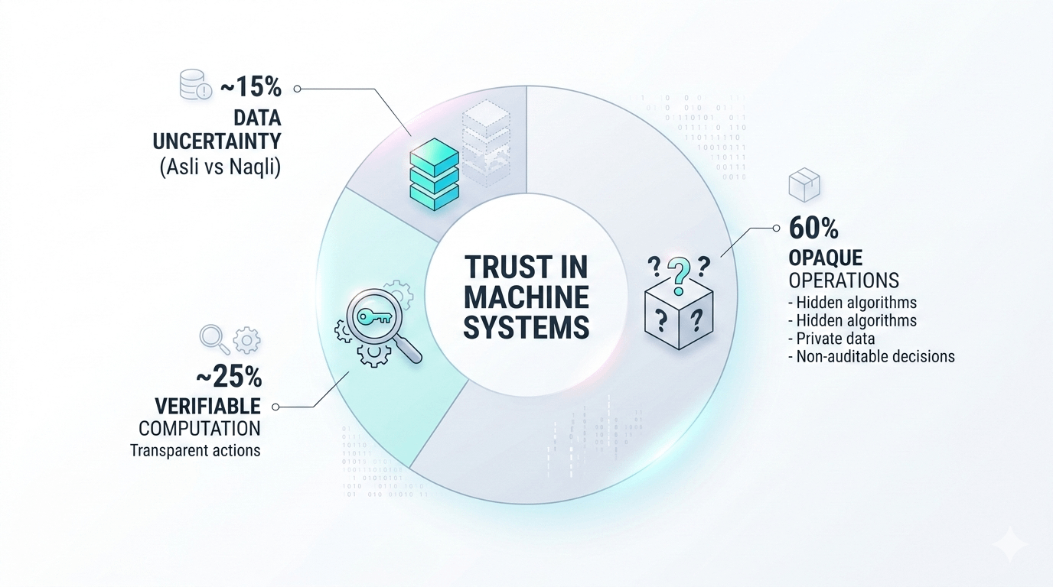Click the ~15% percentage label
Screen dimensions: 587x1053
coord(251,88)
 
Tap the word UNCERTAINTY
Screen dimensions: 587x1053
coord(217,141)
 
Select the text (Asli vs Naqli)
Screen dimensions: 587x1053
coord(220,167)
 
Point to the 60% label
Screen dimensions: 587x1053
coord(813,228)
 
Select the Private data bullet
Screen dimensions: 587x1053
coord(836,338)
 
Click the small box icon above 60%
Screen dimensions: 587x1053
coord(804,186)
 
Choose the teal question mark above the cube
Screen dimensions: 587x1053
coord(677,274)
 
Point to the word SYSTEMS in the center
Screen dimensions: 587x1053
coord(526,327)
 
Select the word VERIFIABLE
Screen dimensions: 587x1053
coord(208,405)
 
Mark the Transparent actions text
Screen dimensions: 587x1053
coord(195,450)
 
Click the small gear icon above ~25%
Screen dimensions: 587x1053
coord(246,340)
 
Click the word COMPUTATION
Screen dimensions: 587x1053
coord(199,428)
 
